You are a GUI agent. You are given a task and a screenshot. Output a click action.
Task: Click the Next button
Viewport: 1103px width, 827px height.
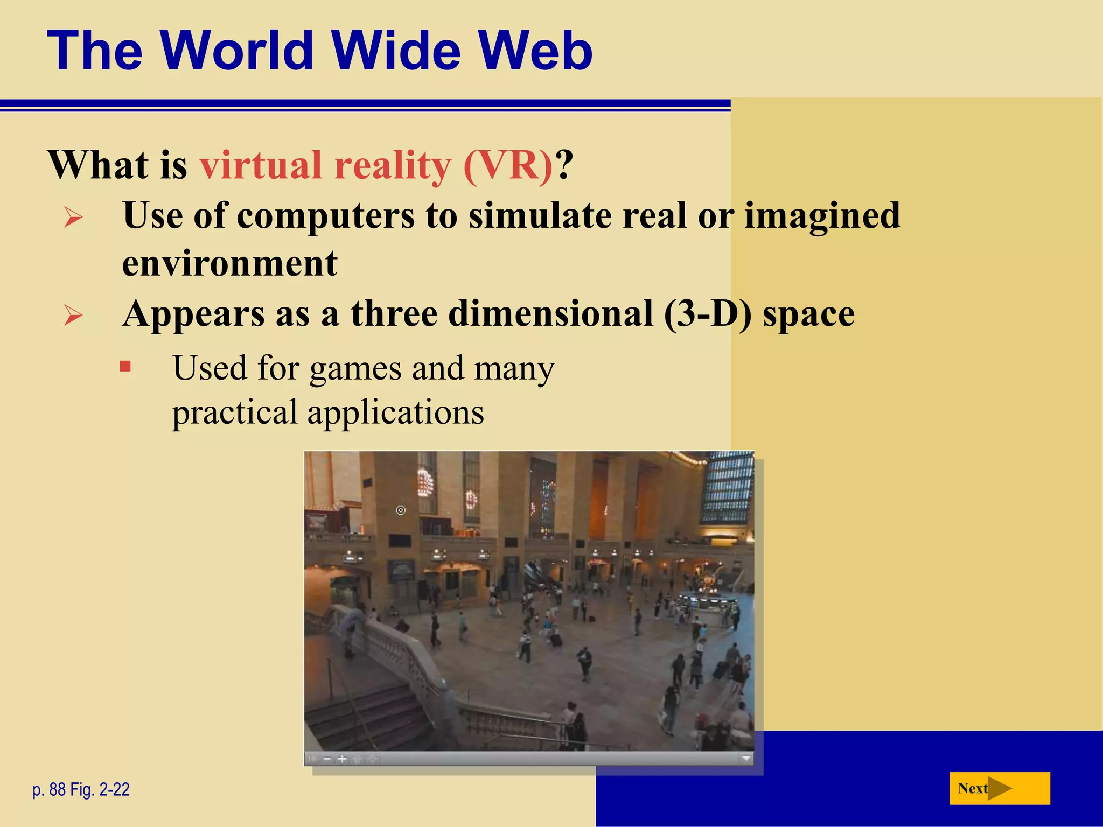tap(999, 788)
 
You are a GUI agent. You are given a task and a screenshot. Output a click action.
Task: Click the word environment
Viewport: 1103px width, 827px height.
tap(230, 263)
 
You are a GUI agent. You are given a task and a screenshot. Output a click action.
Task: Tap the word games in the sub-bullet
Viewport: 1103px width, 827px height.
tap(355, 369)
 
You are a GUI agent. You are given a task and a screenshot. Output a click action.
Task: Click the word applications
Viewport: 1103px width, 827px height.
tap(395, 413)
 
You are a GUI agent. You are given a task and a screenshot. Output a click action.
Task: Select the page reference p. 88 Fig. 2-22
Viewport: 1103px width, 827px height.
tap(81, 789)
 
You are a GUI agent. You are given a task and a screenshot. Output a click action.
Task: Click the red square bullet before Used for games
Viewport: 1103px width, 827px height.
tap(125, 367)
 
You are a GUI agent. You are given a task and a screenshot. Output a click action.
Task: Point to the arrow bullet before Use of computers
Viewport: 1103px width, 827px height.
tap(73, 218)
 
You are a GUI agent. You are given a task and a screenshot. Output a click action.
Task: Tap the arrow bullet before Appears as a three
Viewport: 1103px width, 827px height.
tap(73, 315)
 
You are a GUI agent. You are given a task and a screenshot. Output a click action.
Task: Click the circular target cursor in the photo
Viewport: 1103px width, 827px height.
tap(401, 510)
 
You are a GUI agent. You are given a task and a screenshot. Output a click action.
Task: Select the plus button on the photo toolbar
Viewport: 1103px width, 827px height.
tap(342, 759)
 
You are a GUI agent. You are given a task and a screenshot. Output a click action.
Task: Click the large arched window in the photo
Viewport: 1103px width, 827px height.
tap(727, 487)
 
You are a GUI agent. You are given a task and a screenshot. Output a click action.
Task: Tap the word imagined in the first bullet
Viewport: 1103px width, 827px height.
tap(822, 216)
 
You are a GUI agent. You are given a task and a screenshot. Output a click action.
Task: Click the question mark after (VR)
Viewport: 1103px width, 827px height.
tap(564, 165)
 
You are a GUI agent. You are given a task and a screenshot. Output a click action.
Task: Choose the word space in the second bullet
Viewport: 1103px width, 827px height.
tap(808, 313)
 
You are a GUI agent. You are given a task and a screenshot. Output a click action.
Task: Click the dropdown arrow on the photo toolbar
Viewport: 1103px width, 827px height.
tap(746, 759)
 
